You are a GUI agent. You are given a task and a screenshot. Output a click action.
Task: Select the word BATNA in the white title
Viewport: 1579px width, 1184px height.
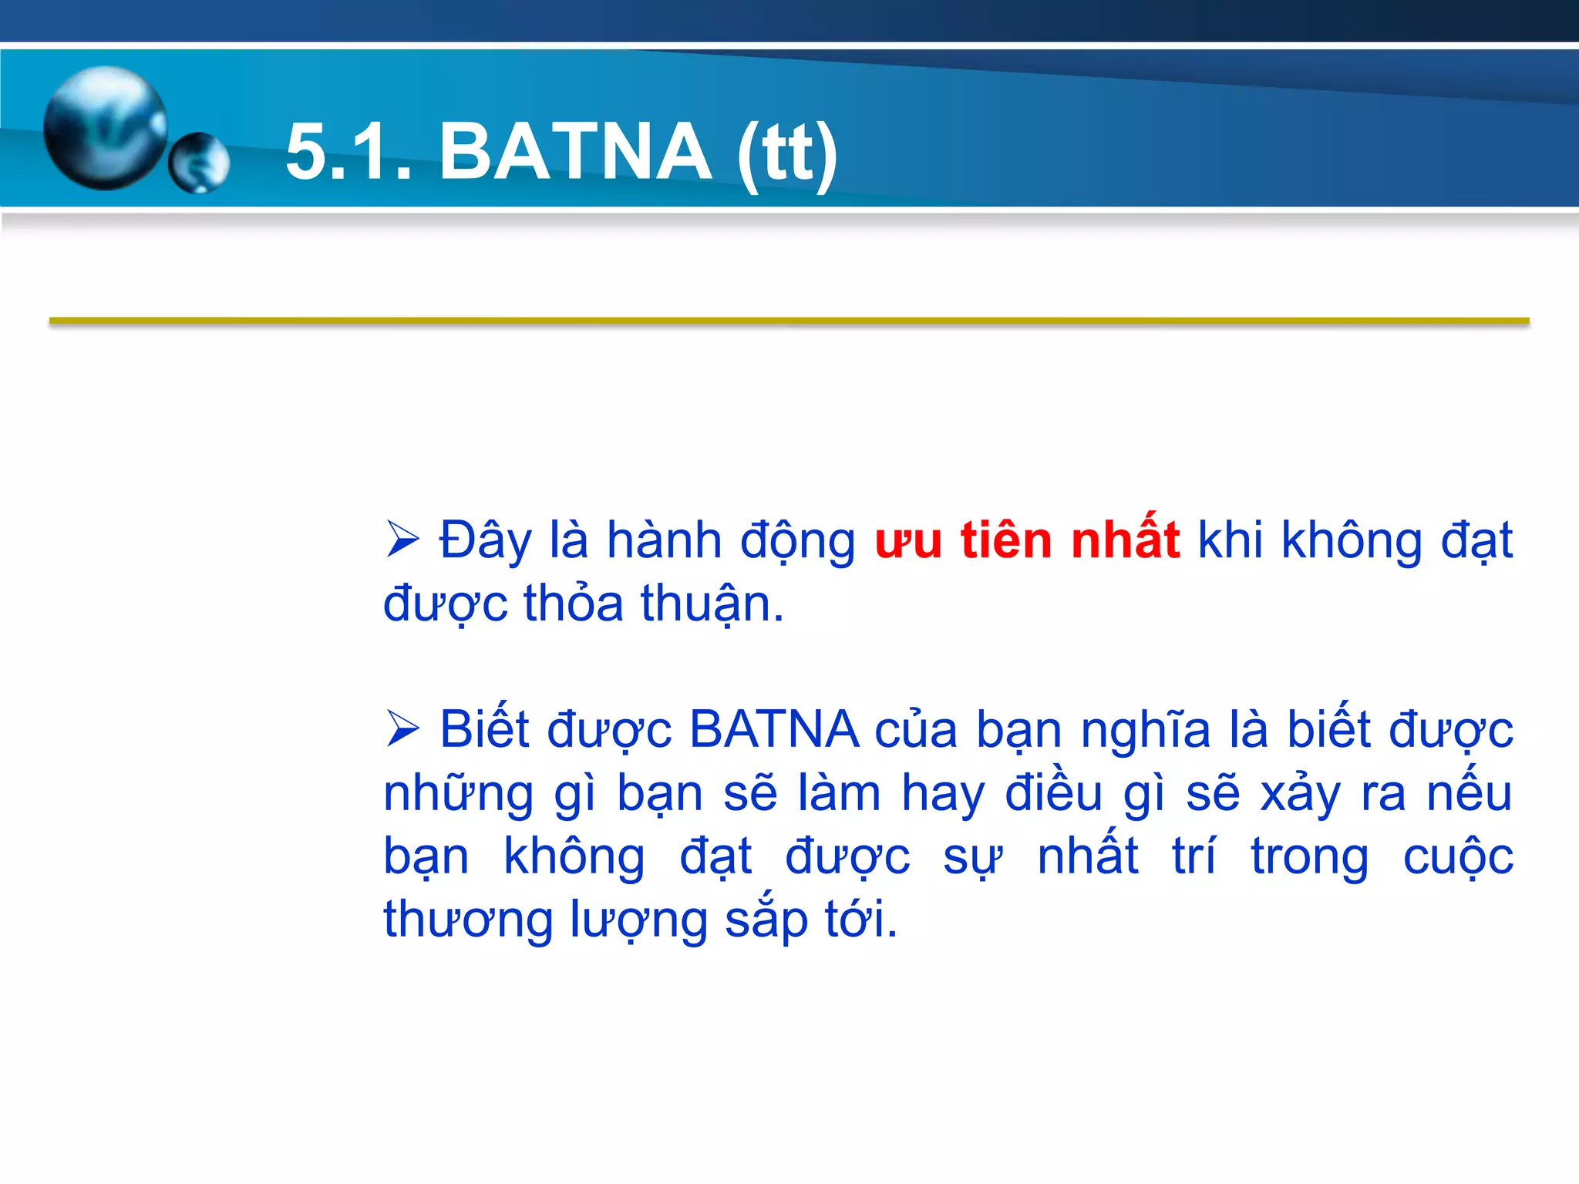[575, 152]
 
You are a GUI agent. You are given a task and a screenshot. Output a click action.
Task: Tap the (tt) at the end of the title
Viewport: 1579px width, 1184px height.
[787, 153]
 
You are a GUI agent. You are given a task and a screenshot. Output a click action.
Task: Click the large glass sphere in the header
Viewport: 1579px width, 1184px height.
[106, 127]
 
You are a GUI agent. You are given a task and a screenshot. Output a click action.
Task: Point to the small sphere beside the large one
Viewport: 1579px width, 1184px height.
[199, 163]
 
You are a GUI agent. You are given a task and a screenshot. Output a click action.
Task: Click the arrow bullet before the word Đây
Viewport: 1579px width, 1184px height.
[402, 539]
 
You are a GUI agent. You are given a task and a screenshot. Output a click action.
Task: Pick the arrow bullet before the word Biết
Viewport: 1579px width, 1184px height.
[402, 728]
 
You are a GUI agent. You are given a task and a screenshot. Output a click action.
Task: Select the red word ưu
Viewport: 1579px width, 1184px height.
[908, 540]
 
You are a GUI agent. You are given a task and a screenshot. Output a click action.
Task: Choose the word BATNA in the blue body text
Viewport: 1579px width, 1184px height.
[774, 729]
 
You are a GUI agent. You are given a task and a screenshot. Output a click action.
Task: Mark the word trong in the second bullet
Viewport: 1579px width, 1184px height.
[1309, 858]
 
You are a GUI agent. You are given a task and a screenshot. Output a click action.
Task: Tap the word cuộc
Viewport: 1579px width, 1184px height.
[1458, 856]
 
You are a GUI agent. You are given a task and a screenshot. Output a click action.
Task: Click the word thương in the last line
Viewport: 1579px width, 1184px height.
[468, 920]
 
